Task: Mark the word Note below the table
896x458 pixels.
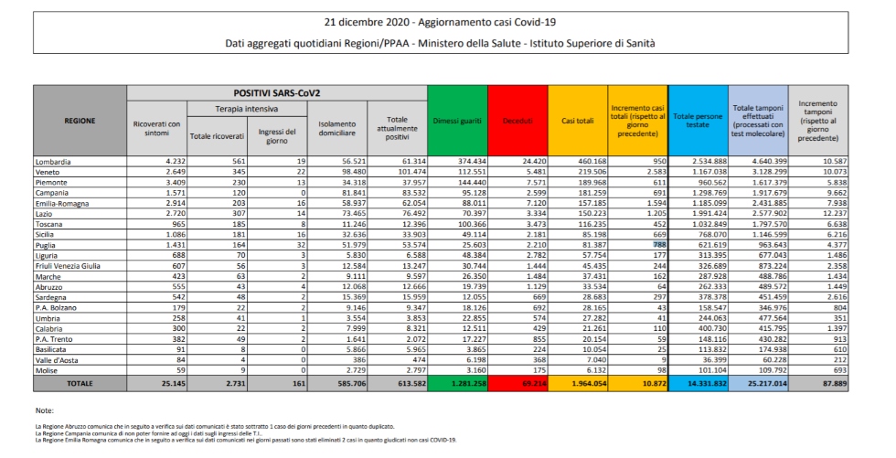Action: pyautogui.click(x=44, y=410)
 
